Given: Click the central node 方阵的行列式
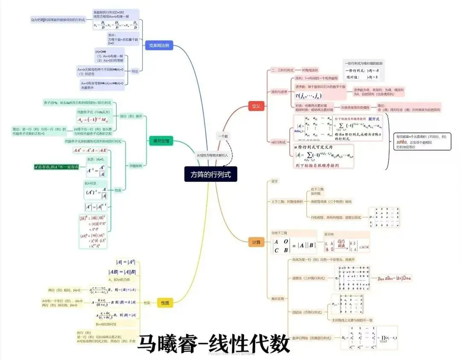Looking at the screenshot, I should tap(210, 174).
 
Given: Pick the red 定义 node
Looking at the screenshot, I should tap(256, 106).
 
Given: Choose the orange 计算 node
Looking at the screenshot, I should tap(256, 243).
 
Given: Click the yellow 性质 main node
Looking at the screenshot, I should tap(165, 303).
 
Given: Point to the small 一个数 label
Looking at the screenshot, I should tap(223, 136).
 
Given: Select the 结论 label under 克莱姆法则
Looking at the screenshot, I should tap(134, 71).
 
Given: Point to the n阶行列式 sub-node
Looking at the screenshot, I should tap(279, 142).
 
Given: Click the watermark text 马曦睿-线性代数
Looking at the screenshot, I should tap(213, 343).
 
